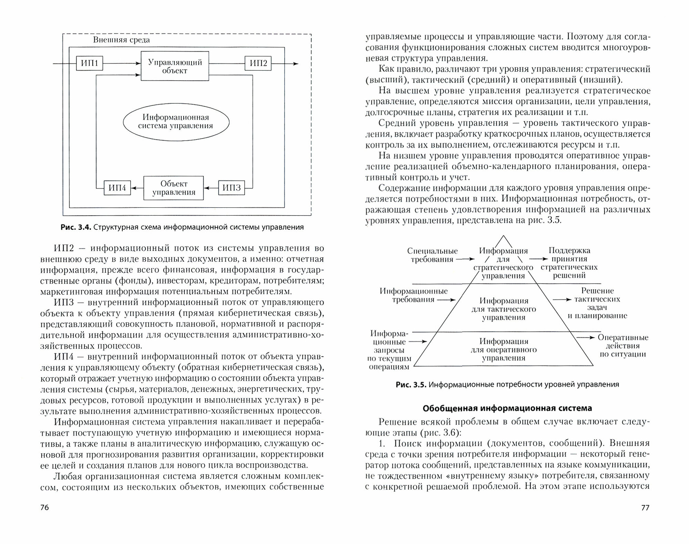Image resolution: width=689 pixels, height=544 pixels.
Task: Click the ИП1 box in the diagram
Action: click(x=89, y=63)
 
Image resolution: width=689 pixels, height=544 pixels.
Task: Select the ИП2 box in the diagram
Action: click(x=258, y=63)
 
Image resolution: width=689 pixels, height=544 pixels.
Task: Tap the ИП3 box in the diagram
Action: click(x=232, y=188)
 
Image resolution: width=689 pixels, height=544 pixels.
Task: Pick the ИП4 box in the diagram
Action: click(x=117, y=188)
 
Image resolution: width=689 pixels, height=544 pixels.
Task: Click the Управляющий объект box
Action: click(x=175, y=66)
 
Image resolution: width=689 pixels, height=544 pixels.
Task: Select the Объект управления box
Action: click(x=174, y=188)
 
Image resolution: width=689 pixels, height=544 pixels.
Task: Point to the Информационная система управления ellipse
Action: click(x=176, y=122)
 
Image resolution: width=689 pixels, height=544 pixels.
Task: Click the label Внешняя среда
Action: click(x=121, y=40)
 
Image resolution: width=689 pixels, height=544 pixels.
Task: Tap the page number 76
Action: click(x=45, y=507)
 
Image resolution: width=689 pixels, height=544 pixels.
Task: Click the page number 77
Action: click(x=645, y=507)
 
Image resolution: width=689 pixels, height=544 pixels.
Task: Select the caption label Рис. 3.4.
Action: click(x=75, y=227)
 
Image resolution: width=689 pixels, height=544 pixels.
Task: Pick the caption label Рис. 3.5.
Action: click(x=411, y=384)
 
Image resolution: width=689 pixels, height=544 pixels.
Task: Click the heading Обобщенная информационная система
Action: click(x=507, y=408)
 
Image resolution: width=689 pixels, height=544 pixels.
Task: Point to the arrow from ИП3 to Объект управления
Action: click(x=211, y=188)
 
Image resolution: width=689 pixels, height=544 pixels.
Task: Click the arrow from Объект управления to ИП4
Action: click(x=137, y=188)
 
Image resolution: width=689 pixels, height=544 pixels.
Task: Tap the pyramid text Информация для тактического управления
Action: click(x=504, y=309)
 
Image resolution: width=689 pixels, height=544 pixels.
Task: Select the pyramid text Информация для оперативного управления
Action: click(x=504, y=350)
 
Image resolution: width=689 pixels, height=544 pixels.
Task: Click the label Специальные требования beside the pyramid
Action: click(x=432, y=255)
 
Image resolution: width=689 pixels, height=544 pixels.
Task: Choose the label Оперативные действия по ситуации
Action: click(x=623, y=346)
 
